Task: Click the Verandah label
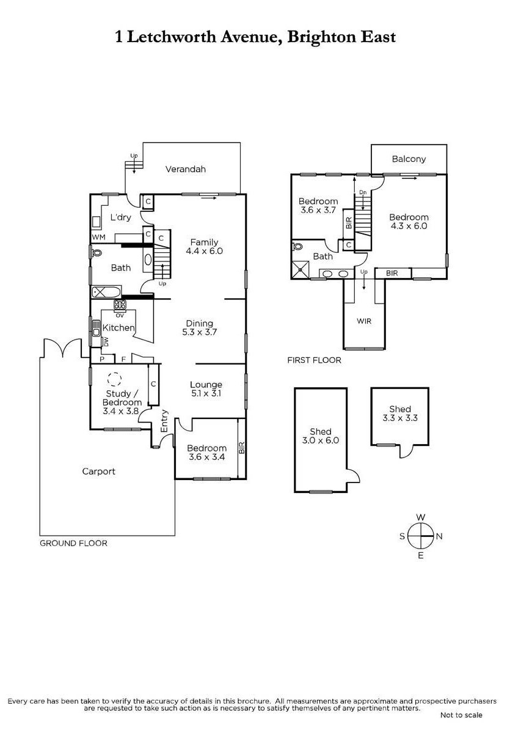coord(185,169)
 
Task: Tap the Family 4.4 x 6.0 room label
coord(204,246)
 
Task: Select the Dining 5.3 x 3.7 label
coord(199,327)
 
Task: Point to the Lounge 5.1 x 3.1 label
coord(206,388)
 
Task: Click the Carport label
coord(98,472)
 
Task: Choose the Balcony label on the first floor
coord(409,159)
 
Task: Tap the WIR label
coord(364,321)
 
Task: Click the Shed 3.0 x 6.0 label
coord(320,436)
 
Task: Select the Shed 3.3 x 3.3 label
coord(400,414)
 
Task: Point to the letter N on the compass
coord(439,536)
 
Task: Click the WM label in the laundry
coord(98,237)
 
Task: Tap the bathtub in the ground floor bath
coord(106,292)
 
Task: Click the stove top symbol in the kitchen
coord(120,305)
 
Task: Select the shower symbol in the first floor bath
coord(301,269)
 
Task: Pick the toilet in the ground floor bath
coord(97,253)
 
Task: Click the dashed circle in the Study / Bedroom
coord(114,379)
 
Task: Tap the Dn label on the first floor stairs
coord(363,192)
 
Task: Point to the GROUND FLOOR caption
coord(73,543)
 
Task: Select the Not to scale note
coord(461,715)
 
